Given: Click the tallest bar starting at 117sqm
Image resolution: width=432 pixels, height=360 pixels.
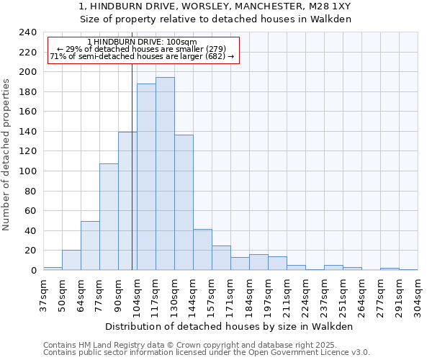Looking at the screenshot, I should coord(165,174).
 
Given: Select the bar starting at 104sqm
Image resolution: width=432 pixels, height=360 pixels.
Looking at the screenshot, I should coord(146,177).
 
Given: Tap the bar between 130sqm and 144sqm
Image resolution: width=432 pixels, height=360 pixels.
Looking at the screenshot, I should coord(184,202).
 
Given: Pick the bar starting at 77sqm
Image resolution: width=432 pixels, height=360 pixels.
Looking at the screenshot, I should coord(109,217).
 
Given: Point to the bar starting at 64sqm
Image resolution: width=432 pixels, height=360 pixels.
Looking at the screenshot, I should coord(90,246).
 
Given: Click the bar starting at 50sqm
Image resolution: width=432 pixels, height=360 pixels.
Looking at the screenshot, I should coord(71,260).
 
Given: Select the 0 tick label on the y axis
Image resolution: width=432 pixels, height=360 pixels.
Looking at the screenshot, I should coord(33,271).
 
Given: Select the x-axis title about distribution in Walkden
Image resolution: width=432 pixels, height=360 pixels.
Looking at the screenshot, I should coord(229,326).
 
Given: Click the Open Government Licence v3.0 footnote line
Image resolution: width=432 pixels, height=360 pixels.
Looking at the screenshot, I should coord(207,353).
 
